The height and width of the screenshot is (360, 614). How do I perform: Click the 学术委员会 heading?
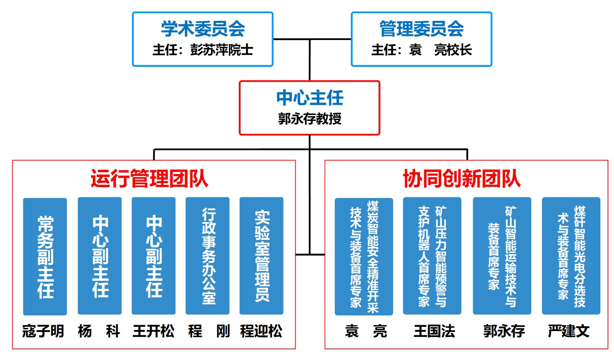203,29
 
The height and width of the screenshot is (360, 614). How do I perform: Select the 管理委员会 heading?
422,29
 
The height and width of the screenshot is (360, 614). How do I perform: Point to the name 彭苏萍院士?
221,50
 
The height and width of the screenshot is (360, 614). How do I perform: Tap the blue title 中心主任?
310,97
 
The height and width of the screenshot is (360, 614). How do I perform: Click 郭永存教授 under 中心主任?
310,118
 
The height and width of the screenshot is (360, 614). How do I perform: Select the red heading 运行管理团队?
149,178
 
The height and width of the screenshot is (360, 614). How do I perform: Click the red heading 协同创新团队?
462,178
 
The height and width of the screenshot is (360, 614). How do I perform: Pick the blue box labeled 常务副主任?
45,256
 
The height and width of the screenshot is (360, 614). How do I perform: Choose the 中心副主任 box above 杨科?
100,256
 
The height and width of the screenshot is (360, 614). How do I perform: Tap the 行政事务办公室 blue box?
208,256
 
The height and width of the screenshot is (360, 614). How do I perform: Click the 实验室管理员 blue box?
261,256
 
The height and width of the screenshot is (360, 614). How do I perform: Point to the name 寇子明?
43,331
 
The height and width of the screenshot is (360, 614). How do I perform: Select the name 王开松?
153,331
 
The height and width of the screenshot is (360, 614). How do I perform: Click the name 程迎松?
261,331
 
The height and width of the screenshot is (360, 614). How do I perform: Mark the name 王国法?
434,331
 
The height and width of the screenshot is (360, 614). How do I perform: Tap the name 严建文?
569,331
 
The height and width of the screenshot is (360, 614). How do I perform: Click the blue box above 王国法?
432,256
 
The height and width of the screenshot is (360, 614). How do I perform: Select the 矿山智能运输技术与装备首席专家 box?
502,256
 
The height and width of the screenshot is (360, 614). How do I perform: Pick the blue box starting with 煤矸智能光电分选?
571,256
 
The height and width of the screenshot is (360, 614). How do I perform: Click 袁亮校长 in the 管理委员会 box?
441,50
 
